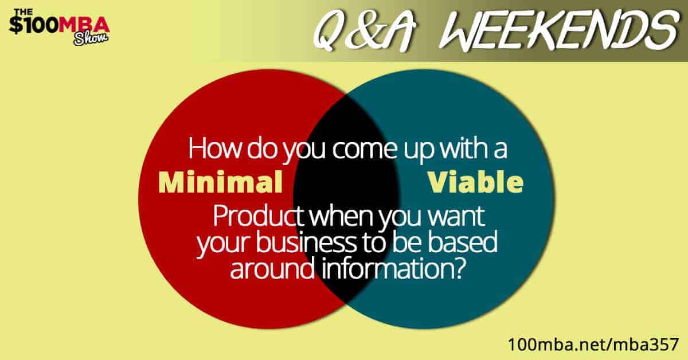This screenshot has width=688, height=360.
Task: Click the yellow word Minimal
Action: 220,182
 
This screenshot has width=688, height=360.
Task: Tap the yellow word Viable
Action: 475,182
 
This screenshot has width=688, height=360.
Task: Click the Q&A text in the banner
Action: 365,31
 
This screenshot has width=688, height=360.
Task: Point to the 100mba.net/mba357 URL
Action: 593,345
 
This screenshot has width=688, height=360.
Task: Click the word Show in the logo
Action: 91,38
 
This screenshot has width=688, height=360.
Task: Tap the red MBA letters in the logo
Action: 84,24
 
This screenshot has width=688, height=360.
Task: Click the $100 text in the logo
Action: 34,25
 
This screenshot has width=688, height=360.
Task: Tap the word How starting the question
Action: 214,148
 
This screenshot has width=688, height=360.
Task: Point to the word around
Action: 273,268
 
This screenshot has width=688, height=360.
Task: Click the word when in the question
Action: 342,216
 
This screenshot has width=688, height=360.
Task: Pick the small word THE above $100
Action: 23,12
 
